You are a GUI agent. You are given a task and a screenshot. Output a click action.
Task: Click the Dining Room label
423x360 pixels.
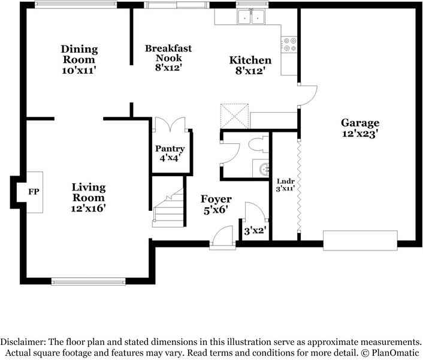click(79, 54)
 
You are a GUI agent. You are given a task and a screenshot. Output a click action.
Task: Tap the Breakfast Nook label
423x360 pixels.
click(168, 53)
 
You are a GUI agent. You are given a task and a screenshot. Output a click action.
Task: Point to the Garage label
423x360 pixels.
click(360, 123)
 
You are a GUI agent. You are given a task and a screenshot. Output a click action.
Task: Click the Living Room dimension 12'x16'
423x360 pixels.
click(88, 208)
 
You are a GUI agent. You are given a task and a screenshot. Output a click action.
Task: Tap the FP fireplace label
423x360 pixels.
click(34, 192)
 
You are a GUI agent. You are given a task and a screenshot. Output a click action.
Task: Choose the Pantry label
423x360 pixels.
click(170, 149)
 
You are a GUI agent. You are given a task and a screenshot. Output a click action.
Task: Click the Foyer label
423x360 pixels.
click(216, 199)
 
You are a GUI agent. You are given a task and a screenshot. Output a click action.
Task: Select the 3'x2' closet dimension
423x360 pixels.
click(255, 231)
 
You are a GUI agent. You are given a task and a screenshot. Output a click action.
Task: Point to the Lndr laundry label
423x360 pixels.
click(285, 181)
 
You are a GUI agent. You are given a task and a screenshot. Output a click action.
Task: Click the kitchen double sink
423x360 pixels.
click(251, 16)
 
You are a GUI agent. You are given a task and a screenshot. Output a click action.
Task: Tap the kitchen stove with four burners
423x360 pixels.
click(289, 45)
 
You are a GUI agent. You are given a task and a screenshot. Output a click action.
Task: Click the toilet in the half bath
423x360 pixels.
click(258, 145)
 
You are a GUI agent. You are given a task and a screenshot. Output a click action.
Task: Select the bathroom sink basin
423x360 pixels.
click(264, 170)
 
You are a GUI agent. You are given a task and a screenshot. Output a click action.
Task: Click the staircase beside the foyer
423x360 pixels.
click(168, 208)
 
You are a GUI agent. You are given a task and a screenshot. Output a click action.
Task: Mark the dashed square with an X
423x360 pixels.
click(234, 116)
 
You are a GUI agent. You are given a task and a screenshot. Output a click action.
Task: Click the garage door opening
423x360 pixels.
click(360, 241)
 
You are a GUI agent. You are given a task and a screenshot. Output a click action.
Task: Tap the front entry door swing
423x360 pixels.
click(222, 237)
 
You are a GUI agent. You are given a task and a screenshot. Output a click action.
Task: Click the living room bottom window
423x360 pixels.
click(89, 282)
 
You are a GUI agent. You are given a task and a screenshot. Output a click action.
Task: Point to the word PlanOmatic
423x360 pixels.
click(395, 353)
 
